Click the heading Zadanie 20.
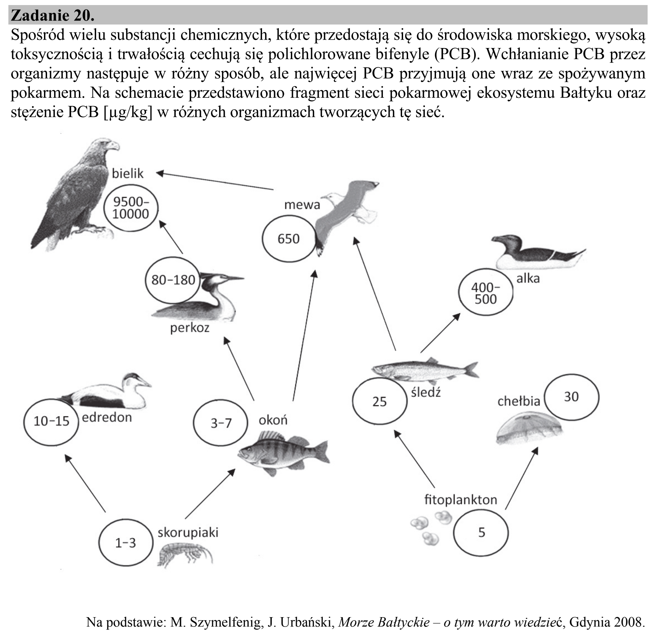tap(53, 15)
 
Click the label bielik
tap(128, 174)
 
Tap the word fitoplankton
tap(461, 500)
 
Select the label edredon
tap(107, 417)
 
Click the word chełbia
tap(519, 401)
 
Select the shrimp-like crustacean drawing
tap(185, 555)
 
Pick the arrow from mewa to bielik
tap(215, 181)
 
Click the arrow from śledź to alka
tap(440, 333)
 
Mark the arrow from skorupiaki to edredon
tap(85, 483)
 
